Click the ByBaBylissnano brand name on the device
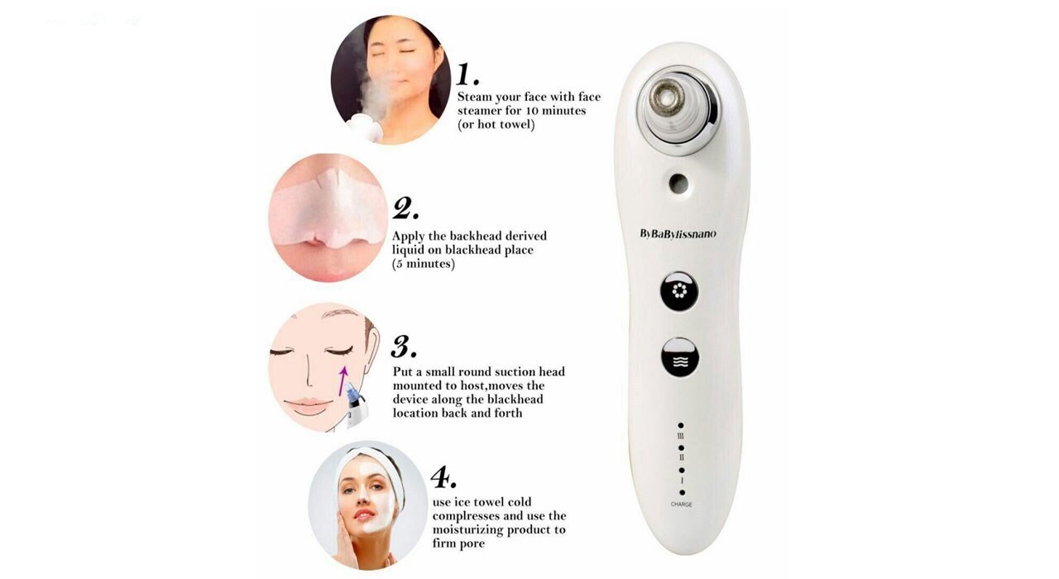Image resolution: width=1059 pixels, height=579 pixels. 678,234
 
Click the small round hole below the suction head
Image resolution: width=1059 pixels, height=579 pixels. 678,184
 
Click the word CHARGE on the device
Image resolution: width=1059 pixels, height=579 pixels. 681,505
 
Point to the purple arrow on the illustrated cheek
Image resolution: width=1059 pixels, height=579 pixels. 343,381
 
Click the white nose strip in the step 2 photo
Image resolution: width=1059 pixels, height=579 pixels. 328,208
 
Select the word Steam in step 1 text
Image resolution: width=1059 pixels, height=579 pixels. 475,97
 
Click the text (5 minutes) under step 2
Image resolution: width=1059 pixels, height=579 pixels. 423,264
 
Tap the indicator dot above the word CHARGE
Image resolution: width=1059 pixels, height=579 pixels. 682,492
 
